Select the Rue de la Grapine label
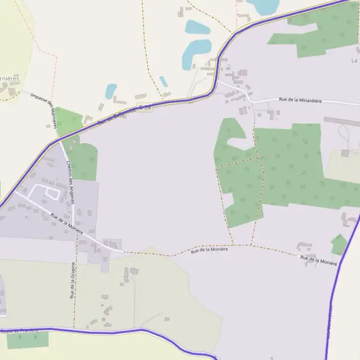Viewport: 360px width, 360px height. (x=73, y=280)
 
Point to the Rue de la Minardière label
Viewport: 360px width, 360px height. (x=300, y=101)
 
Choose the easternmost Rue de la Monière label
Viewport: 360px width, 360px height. (x=319, y=259)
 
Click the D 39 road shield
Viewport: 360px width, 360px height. (x=143, y=106)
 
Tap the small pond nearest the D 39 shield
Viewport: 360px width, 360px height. (x=111, y=91)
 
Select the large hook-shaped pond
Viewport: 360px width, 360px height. (x=193, y=52)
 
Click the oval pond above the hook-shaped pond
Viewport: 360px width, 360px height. (x=197, y=28)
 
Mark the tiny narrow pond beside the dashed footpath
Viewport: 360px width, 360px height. (x=163, y=82)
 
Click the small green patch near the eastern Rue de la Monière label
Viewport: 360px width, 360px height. (x=339, y=244)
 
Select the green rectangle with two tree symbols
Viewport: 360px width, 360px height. (x=28, y=340)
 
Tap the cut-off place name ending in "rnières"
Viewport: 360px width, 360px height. (x=8, y=78)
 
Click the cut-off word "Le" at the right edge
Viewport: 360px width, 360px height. (x=354, y=61)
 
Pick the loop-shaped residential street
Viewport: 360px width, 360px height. (x=46, y=193)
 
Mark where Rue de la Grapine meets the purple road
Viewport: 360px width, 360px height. (x=74, y=329)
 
